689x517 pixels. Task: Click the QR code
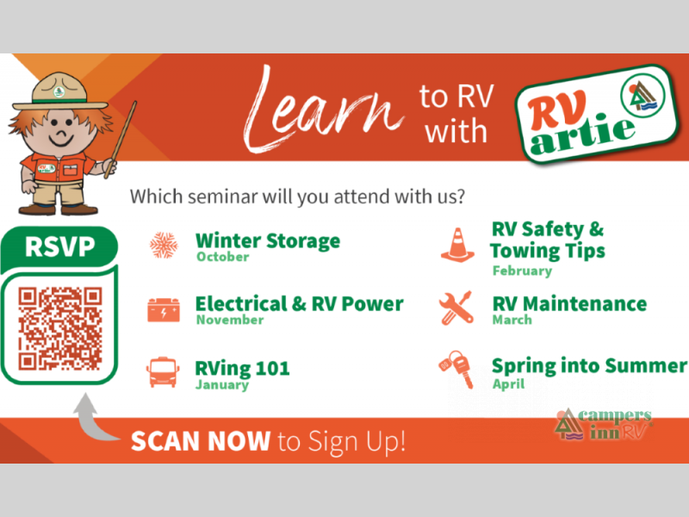tap(60, 328)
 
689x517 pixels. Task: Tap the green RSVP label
tap(59, 246)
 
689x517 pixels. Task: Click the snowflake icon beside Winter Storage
tap(164, 245)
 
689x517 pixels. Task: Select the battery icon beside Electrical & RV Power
tap(164, 309)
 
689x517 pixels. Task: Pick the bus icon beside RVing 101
tap(163, 372)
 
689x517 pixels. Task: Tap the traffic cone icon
tap(458, 245)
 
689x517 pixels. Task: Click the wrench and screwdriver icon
tap(456, 308)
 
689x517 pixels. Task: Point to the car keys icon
tap(456, 370)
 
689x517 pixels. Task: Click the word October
tap(223, 257)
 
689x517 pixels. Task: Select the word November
tap(230, 320)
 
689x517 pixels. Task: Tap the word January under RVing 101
tap(222, 384)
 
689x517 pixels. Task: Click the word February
tap(522, 271)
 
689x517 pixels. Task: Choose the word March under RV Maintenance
tap(512, 320)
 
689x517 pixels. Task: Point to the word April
tap(508, 383)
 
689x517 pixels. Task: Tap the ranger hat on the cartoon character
tap(59, 92)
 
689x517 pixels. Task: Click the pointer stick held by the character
tap(121, 140)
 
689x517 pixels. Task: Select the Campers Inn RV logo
tap(603, 424)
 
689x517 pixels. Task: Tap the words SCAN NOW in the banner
tap(201, 441)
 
